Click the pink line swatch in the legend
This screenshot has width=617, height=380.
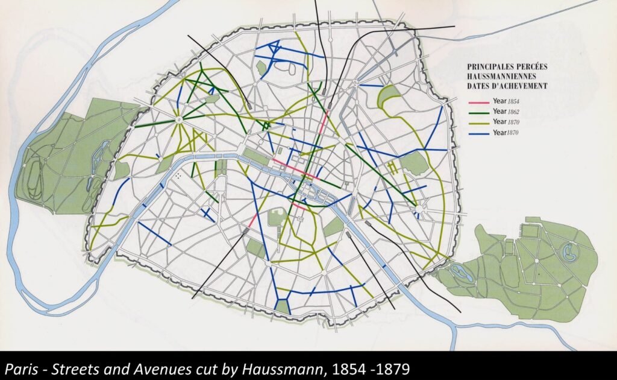pos(479,101)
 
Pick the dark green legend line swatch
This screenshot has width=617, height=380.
pos(479,112)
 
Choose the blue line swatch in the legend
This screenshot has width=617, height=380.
pos(479,133)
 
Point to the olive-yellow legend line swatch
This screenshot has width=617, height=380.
pos(479,122)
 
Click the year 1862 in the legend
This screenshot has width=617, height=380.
pos(512,112)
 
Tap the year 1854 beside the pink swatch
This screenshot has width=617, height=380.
pos(512,101)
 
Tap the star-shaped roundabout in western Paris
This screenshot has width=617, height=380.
pos(179,120)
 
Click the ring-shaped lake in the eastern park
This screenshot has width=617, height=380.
pos(568,250)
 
